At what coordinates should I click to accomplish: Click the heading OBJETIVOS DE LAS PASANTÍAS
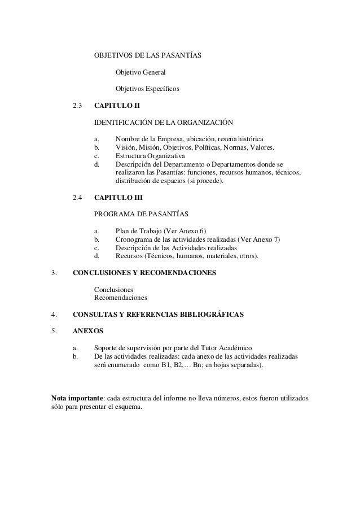tap(147, 56)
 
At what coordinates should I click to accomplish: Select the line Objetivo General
tap(141, 73)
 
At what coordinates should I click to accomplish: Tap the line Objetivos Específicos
tap(147, 89)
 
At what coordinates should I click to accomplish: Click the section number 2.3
tap(77, 106)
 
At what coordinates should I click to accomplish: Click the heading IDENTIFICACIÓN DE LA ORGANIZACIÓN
tap(163, 122)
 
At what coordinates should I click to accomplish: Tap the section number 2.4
tap(77, 198)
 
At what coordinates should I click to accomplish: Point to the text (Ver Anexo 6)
tap(185, 231)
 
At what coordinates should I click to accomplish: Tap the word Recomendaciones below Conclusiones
tap(120, 297)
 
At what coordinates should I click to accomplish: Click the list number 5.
tap(53, 330)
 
